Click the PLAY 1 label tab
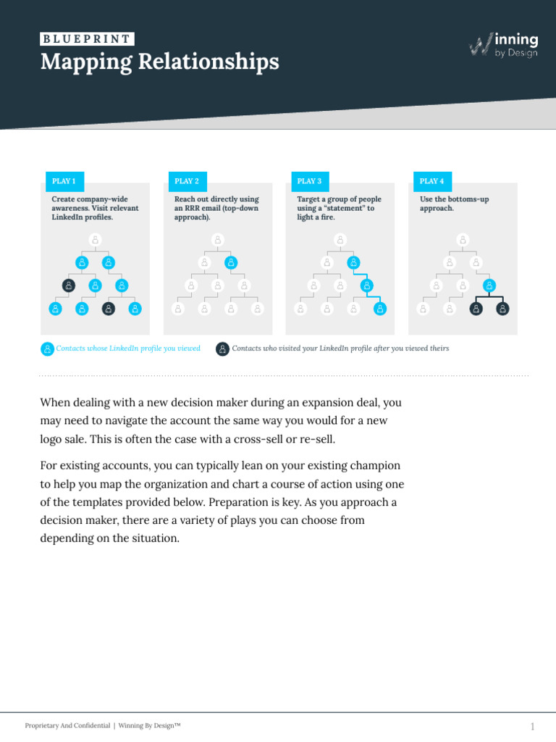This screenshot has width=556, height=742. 64,181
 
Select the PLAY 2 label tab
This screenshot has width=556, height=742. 187,181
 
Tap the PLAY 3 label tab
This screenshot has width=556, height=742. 309,181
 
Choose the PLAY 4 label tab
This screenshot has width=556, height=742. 432,181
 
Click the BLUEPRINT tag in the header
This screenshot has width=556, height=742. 87,40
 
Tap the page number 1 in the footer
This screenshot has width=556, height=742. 532,726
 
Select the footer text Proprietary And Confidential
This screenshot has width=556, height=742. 67,725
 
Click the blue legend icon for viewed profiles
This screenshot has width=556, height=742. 47,349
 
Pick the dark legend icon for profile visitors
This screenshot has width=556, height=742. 223,349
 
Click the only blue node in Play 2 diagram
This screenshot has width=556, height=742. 231,262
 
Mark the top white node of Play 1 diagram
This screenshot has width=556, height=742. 95,239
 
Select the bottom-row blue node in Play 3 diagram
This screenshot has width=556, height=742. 380,309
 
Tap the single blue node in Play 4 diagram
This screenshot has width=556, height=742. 489,285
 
